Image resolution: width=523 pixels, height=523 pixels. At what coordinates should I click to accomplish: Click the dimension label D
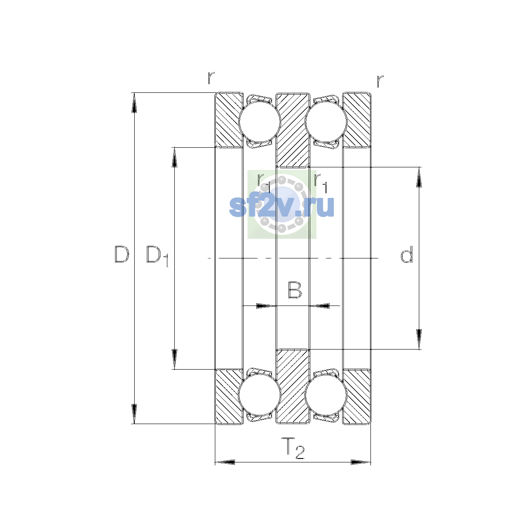(122, 254)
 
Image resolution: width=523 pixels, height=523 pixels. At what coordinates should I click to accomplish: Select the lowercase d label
(407, 254)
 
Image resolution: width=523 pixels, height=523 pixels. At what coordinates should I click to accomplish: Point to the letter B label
(295, 290)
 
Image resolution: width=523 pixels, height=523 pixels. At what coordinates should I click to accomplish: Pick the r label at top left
(211, 78)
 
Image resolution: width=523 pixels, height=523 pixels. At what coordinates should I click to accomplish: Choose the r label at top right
(380, 81)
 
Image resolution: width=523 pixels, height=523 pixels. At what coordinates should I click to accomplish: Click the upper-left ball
(259, 122)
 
